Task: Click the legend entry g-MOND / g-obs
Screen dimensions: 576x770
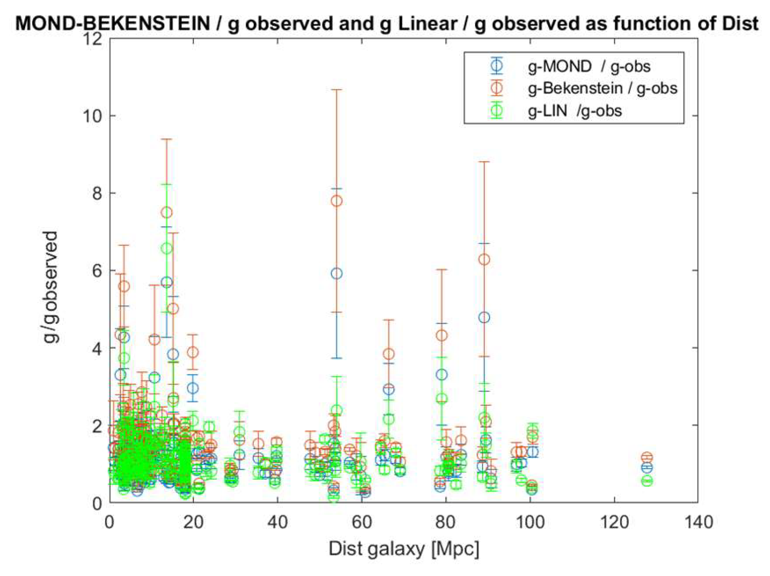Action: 589,66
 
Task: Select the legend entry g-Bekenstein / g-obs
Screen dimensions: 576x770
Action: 602,88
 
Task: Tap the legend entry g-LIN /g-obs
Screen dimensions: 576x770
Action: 575,111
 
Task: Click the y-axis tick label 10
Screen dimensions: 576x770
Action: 93,116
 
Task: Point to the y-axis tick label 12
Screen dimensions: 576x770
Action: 93,38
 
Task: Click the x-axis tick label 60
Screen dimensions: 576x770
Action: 361,522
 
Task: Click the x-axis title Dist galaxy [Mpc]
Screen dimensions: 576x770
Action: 404,548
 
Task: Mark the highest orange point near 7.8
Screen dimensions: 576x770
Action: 336,201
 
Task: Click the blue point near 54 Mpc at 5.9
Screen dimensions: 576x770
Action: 336,274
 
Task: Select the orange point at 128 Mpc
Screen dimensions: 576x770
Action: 647,457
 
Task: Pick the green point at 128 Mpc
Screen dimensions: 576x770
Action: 647,481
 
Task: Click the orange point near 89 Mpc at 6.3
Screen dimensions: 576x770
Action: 485,259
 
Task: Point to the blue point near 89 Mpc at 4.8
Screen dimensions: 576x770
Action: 485,317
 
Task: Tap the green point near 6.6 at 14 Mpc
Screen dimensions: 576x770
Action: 167,248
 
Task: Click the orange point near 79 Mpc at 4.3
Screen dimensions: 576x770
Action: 442,335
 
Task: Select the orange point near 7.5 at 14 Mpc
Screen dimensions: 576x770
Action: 167,212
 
